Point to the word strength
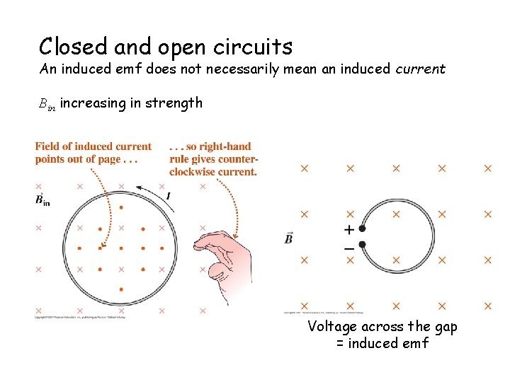click(174, 103)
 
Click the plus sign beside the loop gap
click(348, 229)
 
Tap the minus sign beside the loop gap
click(348, 248)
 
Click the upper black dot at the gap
click(362, 228)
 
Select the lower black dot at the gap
click(362, 245)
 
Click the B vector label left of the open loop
click(289, 238)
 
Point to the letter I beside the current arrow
click(168, 195)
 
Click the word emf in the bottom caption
click(416, 344)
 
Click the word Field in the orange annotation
click(48, 146)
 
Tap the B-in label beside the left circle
click(42, 200)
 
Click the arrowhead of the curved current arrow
click(140, 188)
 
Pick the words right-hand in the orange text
click(226, 146)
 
